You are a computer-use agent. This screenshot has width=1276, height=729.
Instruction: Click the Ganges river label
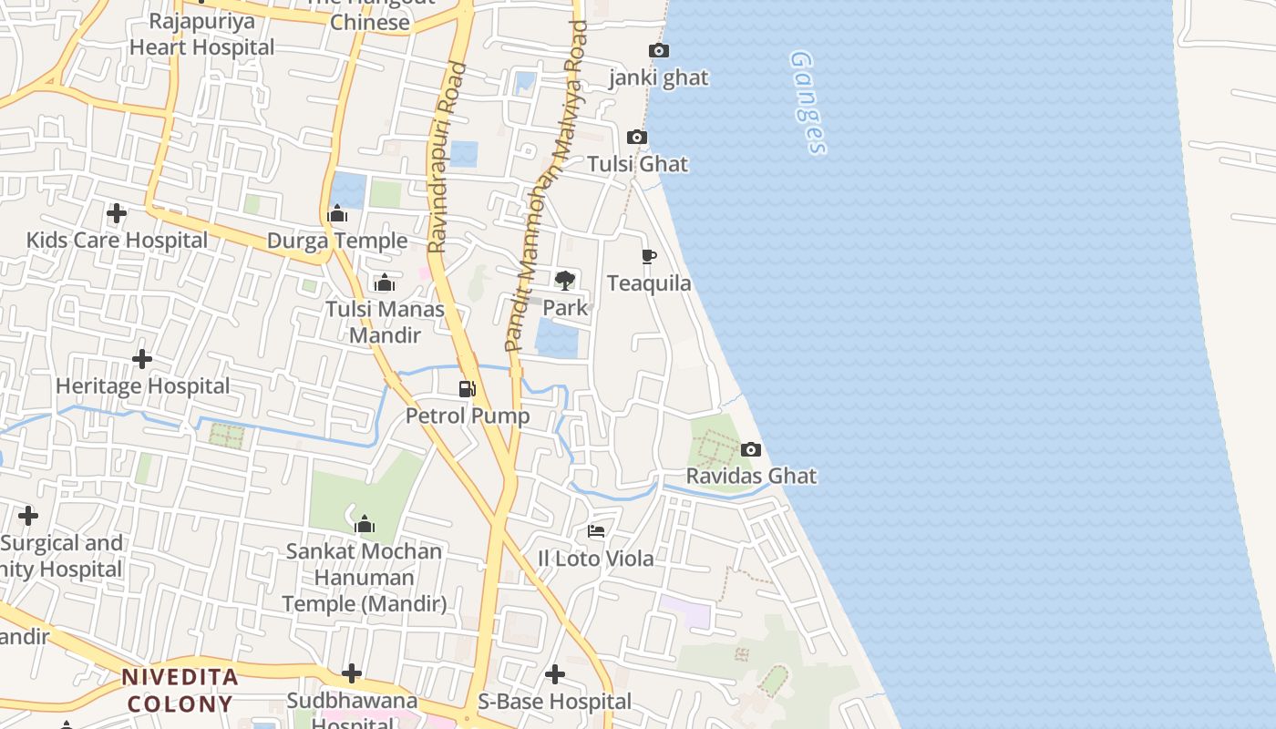point(808,102)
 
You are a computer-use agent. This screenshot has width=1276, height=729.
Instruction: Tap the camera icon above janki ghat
point(658,51)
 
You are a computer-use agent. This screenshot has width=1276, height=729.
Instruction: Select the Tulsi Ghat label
point(637,164)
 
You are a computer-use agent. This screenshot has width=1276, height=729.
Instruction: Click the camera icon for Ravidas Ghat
point(751,449)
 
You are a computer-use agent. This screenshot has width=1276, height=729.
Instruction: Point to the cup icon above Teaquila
point(648,256)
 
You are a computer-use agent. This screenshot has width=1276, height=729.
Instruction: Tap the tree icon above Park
point(565,280)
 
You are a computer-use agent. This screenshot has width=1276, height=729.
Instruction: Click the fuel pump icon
point(467,389)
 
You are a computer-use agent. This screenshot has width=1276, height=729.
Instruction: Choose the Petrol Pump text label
point(468,416)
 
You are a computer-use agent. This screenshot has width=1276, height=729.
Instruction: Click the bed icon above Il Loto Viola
point(596,531)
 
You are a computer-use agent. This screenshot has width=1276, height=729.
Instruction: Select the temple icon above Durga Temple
point(338,214)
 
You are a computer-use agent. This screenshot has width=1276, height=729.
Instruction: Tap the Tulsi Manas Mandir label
point(386,322)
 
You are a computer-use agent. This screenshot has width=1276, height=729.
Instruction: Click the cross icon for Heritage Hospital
point(142,359)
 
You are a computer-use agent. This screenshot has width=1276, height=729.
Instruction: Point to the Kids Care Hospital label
point(117,241)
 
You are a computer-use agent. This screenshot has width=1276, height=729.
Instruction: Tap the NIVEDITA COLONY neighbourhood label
point(180,690)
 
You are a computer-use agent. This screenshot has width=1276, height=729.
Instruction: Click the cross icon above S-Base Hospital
point(554,674)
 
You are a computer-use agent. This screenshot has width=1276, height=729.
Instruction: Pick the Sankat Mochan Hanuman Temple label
point(364,577)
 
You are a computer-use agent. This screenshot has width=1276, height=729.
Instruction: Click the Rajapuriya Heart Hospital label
point(201,35)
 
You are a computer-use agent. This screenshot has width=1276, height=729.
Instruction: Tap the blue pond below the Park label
point(557,340)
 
